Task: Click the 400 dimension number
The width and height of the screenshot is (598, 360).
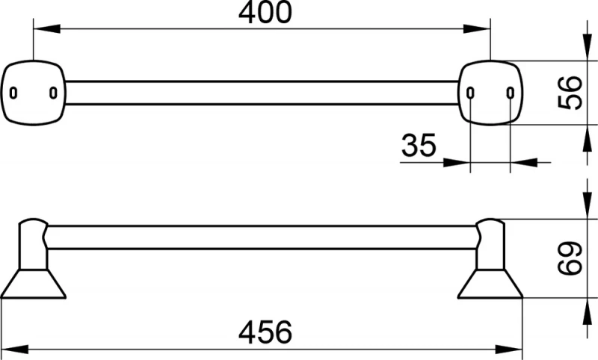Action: (265, 12)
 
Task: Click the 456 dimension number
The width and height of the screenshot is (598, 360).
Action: (265, 332)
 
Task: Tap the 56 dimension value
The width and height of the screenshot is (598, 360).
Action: (570, 93)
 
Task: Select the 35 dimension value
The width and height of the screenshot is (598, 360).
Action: (419, 145)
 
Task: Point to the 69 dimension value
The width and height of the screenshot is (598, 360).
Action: (570, 258)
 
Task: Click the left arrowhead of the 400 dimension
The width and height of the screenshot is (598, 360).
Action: (47, 28)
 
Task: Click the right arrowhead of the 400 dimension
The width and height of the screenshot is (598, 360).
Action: (477, 28)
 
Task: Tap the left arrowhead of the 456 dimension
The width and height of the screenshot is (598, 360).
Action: (14, 349)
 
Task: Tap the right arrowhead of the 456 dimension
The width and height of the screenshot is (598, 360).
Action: (509, 349)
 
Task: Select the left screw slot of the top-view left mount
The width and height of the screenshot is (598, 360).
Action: (13, 93)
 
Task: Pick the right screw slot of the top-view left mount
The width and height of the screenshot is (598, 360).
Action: (53, 93)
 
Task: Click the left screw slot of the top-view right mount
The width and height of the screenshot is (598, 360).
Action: (471, 93)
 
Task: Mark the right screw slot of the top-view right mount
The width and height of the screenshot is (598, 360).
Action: (511, 93)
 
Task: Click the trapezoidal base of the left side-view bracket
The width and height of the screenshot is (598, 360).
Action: (34, 284)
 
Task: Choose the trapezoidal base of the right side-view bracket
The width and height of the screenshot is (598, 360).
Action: (490, 284)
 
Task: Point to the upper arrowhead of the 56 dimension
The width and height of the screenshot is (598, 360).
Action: (588, 47)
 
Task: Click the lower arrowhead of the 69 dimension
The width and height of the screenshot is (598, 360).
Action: (588, 311)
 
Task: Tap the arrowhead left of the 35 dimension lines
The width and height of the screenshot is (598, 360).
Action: (457, 163)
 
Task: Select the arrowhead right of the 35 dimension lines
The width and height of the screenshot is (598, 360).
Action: (524, 163)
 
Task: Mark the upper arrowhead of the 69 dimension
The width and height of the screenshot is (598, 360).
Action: (588, 205)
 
